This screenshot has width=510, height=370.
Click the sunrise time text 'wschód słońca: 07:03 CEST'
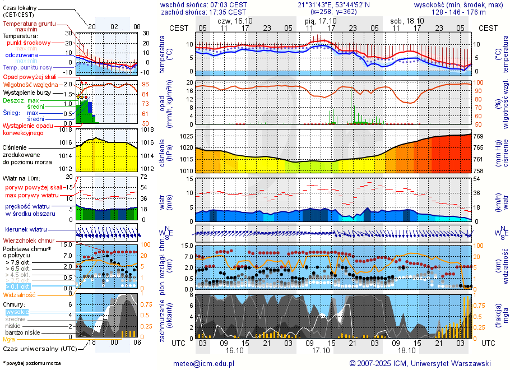[x=203, y=4]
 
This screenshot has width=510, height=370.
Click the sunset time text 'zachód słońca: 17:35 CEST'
[x=203, y=12]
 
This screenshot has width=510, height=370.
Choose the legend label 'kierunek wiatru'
[x=26, y=230]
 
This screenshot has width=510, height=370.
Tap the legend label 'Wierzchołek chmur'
[x=28, y=240]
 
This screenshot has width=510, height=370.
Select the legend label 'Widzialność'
[x=20, y=294]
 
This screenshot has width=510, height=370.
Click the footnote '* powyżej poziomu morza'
[x=31, y=363]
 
